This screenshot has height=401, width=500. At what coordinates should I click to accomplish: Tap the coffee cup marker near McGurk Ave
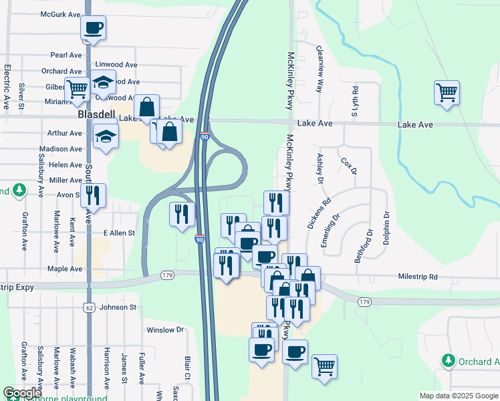point(93,29)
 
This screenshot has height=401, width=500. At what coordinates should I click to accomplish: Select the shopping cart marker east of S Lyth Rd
point(446,92)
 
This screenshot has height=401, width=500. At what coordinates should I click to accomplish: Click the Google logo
point(22,393)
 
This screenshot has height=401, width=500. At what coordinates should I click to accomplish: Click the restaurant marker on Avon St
point(93,196)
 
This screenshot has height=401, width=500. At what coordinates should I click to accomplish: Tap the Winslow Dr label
point(165,329)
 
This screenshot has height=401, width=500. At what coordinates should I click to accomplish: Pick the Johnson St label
point(118,307)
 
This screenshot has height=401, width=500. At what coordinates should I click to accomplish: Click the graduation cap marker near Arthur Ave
point(105,136)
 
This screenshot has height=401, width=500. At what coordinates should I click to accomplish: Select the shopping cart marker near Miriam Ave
point(77,88)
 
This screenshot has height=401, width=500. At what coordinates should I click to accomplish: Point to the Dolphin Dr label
point(386,228)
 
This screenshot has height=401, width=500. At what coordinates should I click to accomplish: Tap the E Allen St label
point(119,233)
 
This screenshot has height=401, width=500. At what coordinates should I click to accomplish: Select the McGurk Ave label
point(60,13)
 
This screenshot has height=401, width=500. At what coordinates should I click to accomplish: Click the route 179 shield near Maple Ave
point(167,275)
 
